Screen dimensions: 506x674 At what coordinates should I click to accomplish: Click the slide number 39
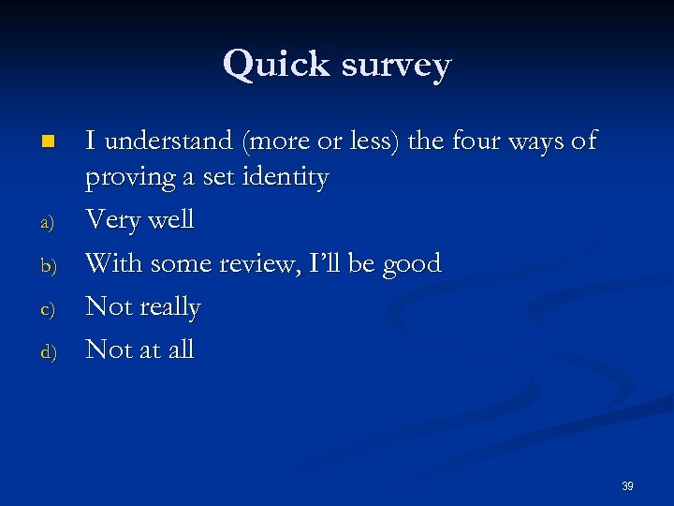click(627, 486)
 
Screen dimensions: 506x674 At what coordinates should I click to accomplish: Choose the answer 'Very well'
click(139, 221)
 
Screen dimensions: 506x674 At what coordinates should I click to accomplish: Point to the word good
click(411, 264)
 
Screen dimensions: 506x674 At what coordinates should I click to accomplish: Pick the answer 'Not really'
click(142, 307)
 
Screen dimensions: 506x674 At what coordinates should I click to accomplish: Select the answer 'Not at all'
click(139, 350)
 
